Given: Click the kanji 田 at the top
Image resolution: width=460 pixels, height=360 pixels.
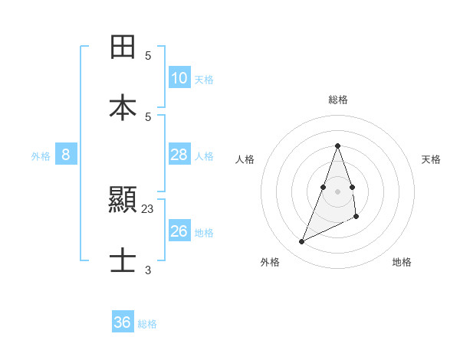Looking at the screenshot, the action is tap(123, 47).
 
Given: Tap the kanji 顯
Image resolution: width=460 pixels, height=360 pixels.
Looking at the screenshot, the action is tap(123, 201).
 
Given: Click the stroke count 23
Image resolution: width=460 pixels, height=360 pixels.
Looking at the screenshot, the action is tap(148, 208).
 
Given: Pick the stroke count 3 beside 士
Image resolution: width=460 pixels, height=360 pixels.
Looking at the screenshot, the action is tap(148, 270).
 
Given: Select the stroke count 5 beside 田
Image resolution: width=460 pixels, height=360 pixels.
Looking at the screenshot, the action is tap(148, 56).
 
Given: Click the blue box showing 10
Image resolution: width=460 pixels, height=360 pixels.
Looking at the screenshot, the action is tap(179, 78).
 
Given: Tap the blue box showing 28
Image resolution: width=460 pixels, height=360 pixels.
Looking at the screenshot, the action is tap(179, 155).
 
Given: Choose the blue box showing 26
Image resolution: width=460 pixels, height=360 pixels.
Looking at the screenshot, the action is tap(179, 231).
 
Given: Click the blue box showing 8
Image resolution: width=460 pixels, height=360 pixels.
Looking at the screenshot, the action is tap(66, 155).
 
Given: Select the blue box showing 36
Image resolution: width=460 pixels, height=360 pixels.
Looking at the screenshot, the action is tap(122, 322).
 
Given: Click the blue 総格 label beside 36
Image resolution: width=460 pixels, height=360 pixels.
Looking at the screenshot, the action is tap(147, 324).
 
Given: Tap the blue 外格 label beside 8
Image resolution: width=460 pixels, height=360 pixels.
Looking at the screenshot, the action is tap(41, 156).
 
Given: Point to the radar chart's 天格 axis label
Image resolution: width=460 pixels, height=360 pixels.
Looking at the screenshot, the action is tap(431, 159).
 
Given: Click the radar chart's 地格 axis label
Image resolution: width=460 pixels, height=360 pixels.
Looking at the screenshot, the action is tap(402, 262).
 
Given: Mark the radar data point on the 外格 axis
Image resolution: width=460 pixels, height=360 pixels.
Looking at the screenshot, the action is tap(301, 242).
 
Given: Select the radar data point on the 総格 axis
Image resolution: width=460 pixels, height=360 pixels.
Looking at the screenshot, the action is tap(337, 146).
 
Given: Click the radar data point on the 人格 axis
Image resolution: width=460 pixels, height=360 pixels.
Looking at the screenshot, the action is tap(324, 187).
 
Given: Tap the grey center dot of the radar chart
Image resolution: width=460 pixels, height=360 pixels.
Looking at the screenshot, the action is tap(337, 191).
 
